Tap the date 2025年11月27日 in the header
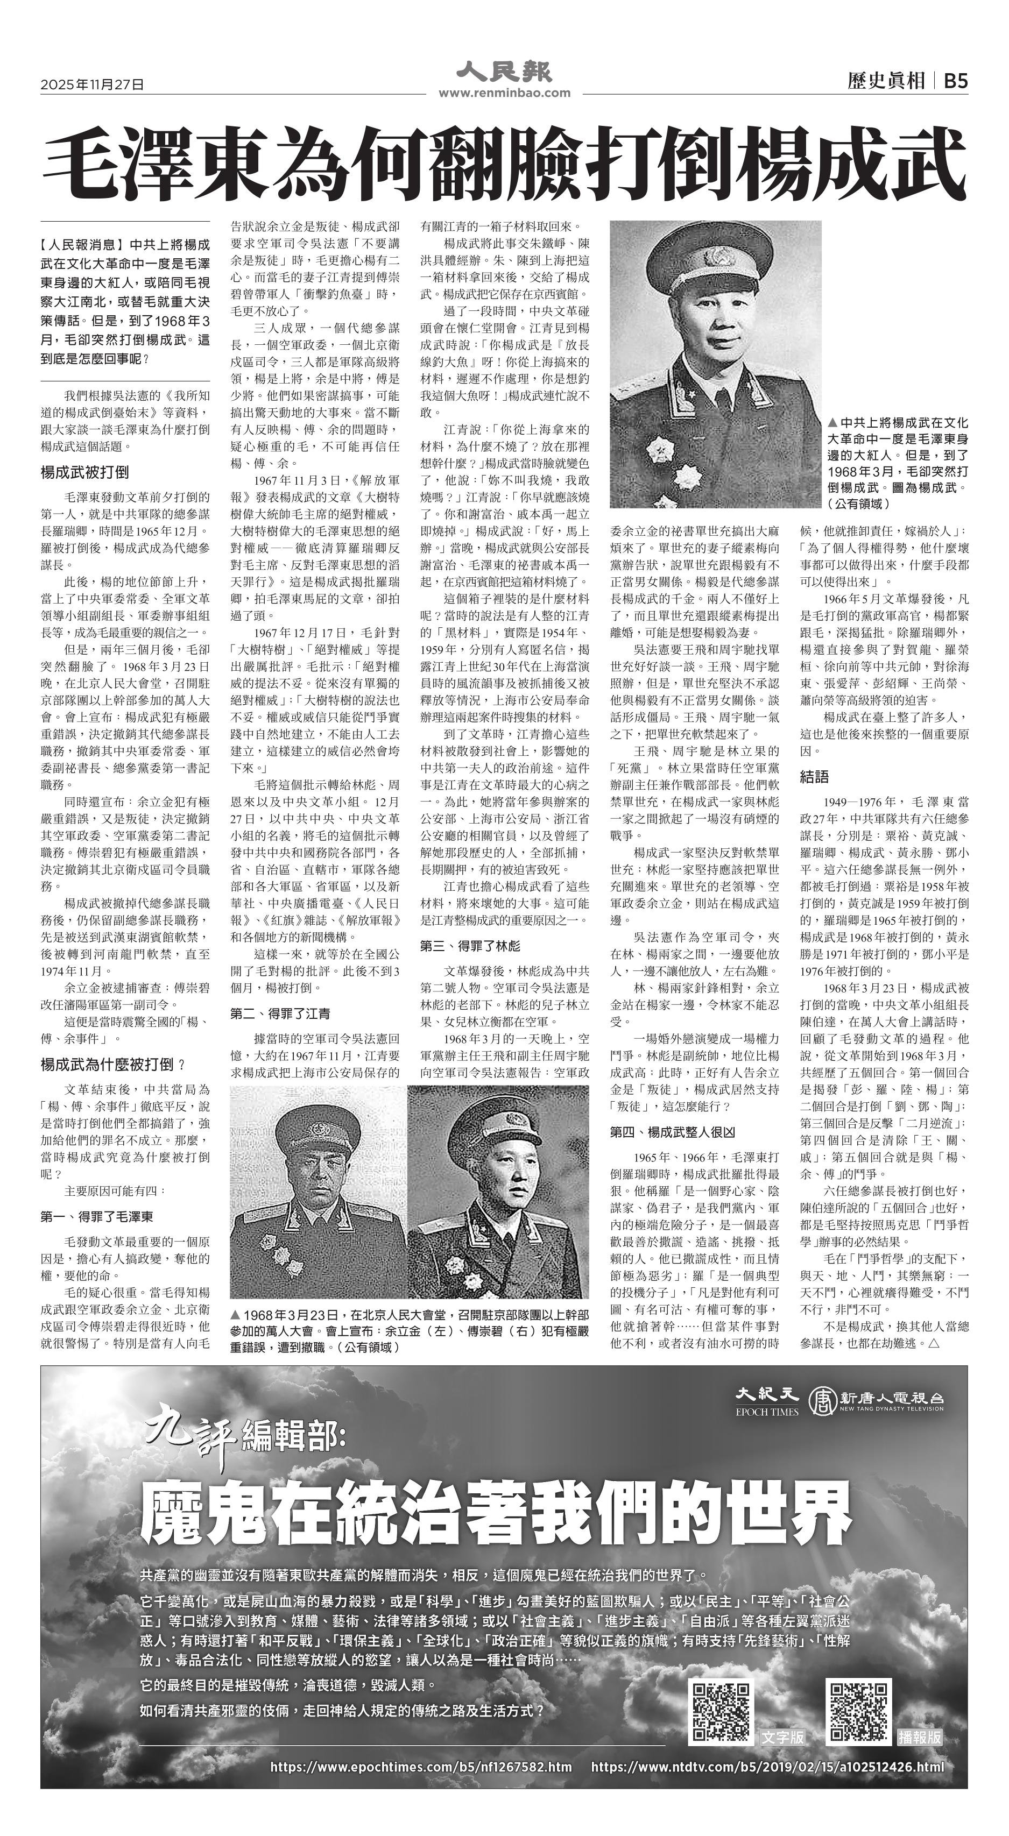[92, 84]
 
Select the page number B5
[956, 81]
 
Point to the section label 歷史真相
[886, 81]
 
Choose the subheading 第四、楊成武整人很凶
[672, 1131]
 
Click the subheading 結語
[814, 777]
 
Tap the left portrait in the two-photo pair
[318, 1191]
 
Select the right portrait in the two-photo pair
[498, 1191]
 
